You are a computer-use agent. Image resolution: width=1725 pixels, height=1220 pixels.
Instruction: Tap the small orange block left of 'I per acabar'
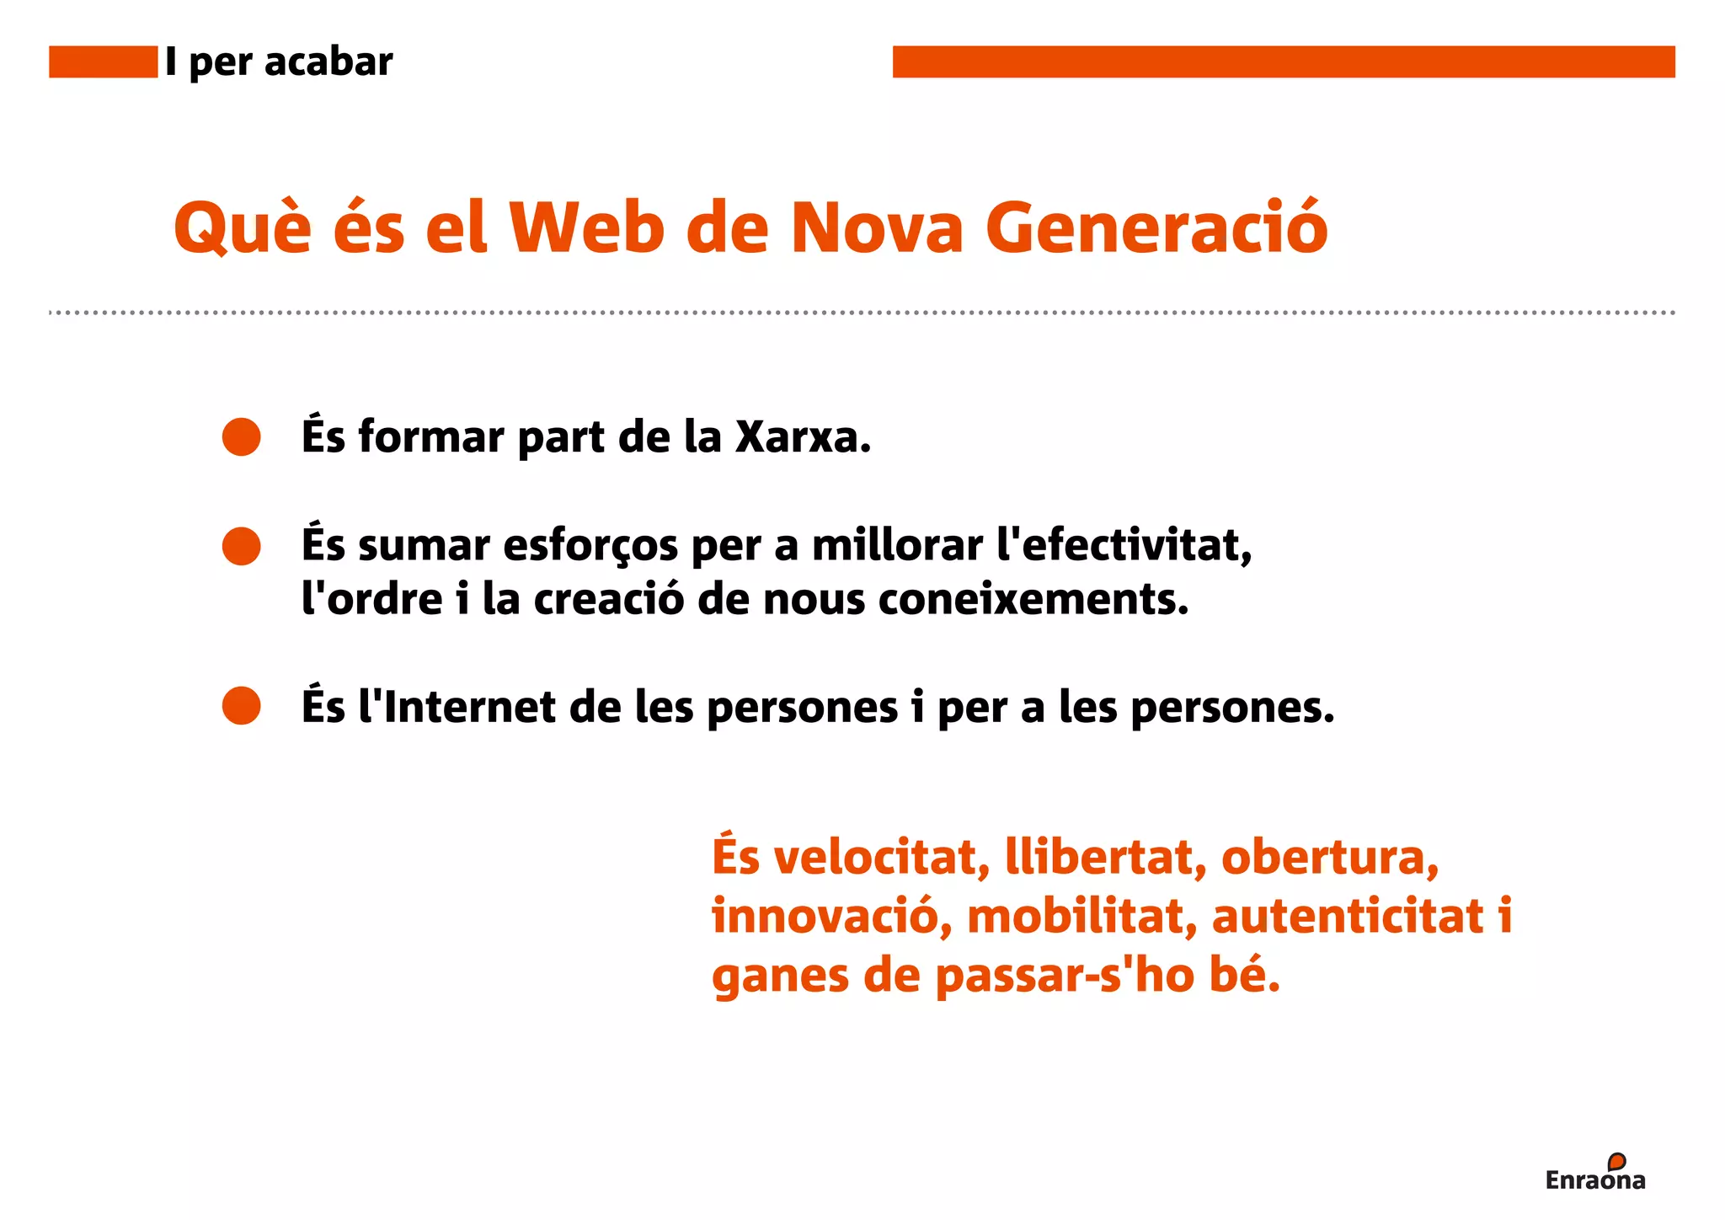pyautogui.click(x=103, y=62)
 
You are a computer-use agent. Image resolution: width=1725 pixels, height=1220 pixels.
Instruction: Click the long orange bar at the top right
pyautogui.click(x=1283, y=62)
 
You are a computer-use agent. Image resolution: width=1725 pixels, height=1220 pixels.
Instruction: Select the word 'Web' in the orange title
pyautogui.click(x=587, y=228)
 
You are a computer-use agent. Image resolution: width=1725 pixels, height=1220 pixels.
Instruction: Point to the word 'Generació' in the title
pyautogui.click(x=1156, y=228)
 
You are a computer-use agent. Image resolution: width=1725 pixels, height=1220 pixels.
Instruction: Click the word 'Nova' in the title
pyautogui.click(x=877, y=228)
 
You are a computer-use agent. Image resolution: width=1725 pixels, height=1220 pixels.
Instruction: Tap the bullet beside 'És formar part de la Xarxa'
pyautogui.click(x=242, y=436)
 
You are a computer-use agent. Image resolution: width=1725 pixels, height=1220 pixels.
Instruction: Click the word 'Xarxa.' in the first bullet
pyautogui.click(x=803, y=437)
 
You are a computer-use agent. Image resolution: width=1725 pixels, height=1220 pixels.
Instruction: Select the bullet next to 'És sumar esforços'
pyautogui.click(x=242, y=546)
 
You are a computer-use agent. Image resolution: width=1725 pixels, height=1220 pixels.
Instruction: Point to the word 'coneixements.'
pyautogui.click(x=1033, y=600)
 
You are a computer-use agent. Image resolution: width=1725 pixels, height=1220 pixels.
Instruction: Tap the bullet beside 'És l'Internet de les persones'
pyautogui.click(x=242, y=705)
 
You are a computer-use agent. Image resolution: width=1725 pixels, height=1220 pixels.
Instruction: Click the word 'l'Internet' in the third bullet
pyautogui.click(x=457, y=706)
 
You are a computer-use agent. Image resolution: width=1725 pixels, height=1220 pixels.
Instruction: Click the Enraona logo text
pyautogui.click(x=1594, y=1179)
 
